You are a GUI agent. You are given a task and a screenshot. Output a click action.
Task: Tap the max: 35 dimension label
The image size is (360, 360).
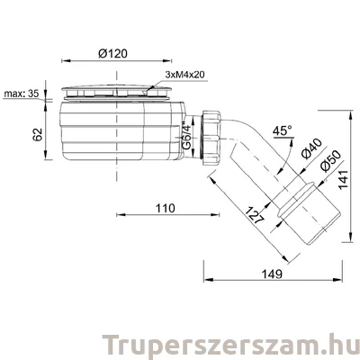pyautogui.click(x=22, y=92)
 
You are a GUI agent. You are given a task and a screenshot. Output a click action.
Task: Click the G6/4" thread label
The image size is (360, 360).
pyautogui.click(x=184, y=139)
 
